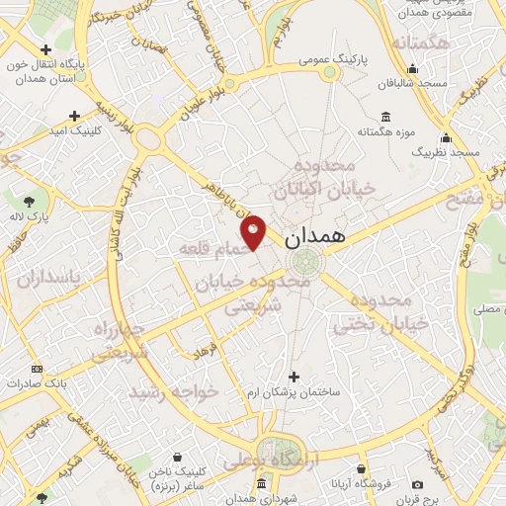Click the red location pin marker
(x=254, y=230)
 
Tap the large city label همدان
(x=315, y=239)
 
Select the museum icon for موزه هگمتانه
(x=384, y=116)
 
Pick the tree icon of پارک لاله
(x=41, y=199)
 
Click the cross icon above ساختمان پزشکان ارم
(x=294, y=377)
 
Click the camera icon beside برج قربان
(x=417, y=485)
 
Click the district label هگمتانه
(x=420, y=44)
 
